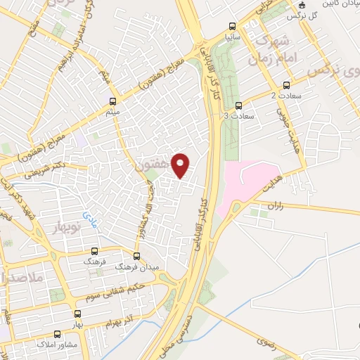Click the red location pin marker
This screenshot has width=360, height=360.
pyautogui.click(x=181, y=165)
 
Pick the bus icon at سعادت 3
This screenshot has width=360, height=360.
pyautogui.click(x=239, y=105)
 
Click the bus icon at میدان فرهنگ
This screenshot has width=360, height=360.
pyautogui.click(x=136, y=255)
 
